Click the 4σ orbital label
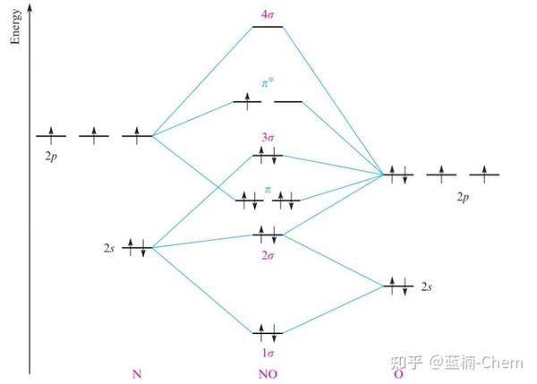point(268,14)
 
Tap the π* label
point(267,82)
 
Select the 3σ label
point(268,137)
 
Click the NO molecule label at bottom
point(268,373)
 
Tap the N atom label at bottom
point(136,373)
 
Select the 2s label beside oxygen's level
point(428,286)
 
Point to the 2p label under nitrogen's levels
point(51,154)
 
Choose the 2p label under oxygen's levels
point(463,194)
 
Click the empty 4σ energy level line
point(268,27)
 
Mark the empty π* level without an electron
point(288,102)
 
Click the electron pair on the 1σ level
point(268,332)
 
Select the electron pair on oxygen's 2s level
point(398,286)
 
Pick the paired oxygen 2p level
point(398,174)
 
